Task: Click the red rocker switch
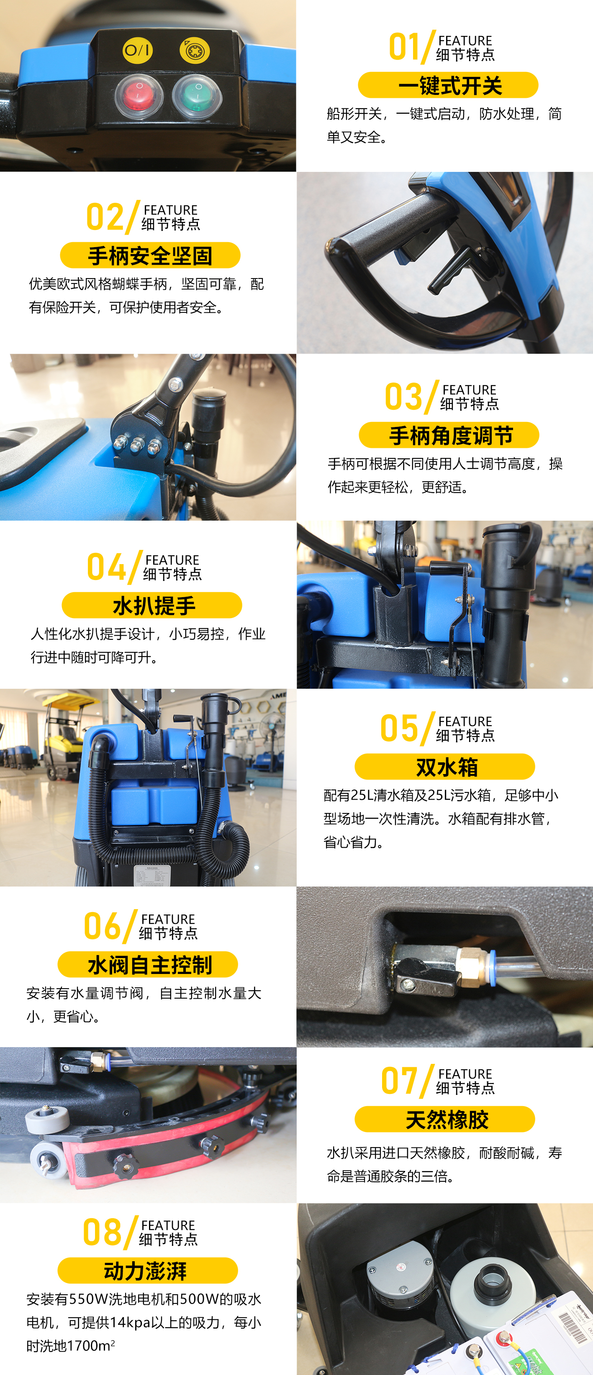(x=139, y=95)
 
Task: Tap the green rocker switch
(x=197, y=95)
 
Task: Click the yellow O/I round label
(x=138, y=50)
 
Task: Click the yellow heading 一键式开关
(x=448, y=85)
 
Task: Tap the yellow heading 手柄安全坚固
(x=150, y=255)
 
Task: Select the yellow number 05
(x=399, y=728)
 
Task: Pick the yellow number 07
(x=400, y=1081)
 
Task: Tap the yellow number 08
(x=102, y=1232)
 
